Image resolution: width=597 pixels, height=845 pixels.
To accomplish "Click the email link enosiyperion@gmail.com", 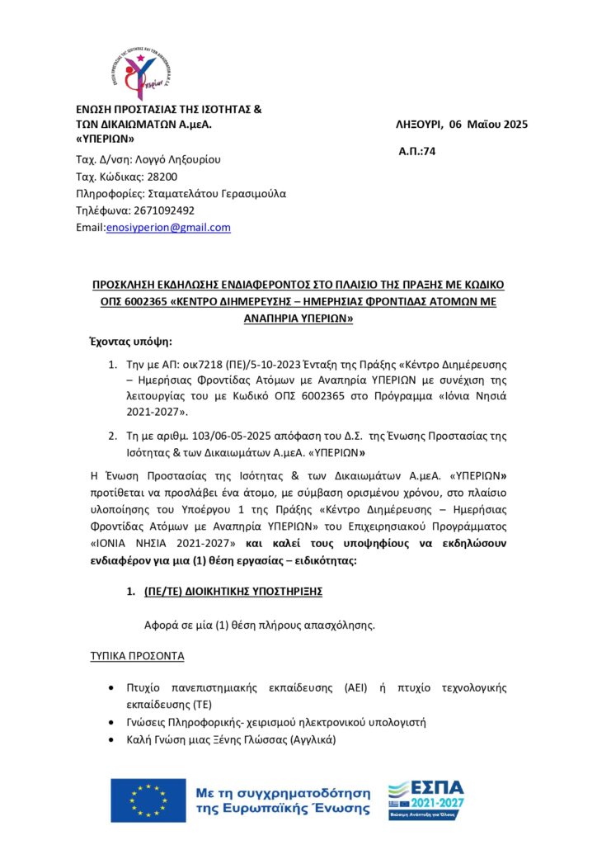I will (x=168, y=228).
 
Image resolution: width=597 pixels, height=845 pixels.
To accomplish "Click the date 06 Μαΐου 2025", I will (x=489, y=125).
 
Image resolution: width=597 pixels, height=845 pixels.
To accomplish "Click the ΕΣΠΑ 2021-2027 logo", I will (x=425, y=799).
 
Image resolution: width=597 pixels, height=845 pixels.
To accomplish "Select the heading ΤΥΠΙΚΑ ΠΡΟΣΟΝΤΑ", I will (x=137, y=656).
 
